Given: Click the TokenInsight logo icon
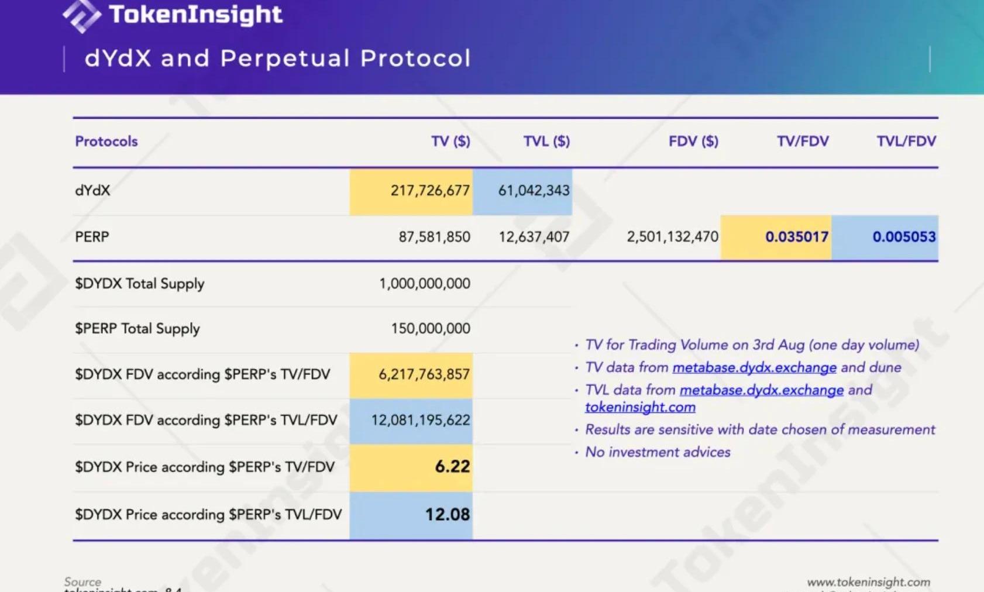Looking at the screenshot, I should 81,16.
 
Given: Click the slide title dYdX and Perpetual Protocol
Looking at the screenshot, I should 277,58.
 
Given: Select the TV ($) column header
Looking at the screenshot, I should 450,141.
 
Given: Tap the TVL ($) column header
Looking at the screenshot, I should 546,141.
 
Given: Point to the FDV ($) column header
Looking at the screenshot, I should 693,141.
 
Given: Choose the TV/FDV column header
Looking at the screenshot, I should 803,141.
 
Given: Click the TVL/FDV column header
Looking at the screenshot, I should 906,141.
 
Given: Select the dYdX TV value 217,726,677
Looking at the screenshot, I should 430,191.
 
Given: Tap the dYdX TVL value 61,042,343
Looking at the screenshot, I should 534,191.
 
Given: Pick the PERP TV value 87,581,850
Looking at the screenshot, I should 434,237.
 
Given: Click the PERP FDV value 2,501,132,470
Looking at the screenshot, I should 672,237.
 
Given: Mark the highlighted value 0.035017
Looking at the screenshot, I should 797,237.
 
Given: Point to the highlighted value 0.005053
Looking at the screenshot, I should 904,237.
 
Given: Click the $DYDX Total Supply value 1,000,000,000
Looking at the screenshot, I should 424,284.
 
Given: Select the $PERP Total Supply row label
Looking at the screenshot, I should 137,329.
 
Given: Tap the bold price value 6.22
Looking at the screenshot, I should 452,466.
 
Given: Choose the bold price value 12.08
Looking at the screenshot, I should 448,515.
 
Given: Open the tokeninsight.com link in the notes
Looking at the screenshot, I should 640,407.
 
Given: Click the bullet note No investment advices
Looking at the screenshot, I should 658,452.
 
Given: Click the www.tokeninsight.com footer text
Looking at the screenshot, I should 868,582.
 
